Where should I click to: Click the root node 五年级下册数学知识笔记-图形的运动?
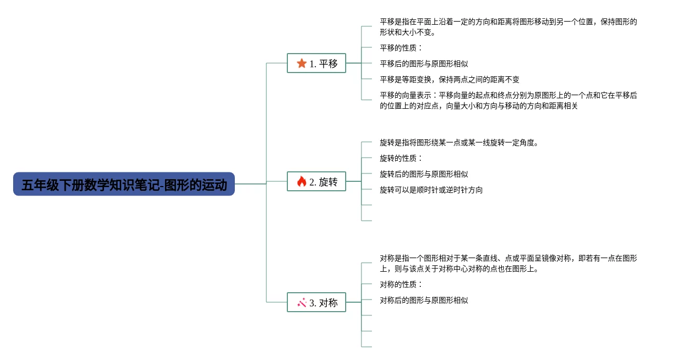coord(123,184)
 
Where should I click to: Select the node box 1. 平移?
coord(316,63)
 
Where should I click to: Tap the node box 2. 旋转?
coord(316,182)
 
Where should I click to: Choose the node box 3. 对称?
coord(316,302)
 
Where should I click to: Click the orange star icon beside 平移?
coord(302,63)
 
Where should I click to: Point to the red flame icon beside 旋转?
coord(302,182)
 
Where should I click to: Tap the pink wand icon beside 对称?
coord(302,302)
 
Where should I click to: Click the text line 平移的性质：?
coord(401,48)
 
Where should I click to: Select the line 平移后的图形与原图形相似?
coord(423,64)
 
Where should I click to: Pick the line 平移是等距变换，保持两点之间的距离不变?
coord(449,79)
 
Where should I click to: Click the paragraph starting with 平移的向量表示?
coord(508,100)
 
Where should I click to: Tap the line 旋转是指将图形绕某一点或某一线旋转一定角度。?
coord(459,142)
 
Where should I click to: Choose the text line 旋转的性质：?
coord(401,158)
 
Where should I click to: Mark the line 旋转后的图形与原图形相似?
coord(423,174)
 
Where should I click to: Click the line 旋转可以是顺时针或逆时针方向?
coord(431,190)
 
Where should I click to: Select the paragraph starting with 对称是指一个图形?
coord(508,263)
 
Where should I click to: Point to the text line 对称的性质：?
coord(401,284)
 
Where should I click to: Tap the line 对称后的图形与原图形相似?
coord(423,300)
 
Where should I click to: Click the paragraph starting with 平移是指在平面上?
coord(508,27)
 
